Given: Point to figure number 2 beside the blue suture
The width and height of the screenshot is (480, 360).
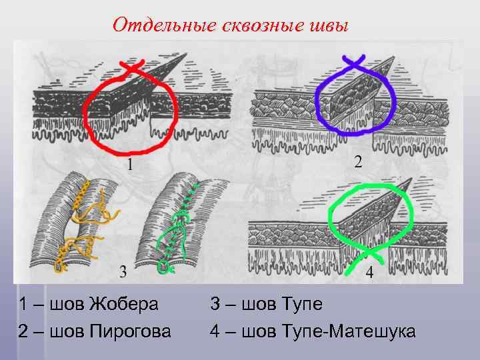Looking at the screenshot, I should click(x=358, y=161).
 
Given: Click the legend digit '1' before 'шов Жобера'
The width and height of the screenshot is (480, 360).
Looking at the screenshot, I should click(x=23, y=305).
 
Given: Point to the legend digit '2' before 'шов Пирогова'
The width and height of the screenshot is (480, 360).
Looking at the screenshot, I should click(x=23, y=330).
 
